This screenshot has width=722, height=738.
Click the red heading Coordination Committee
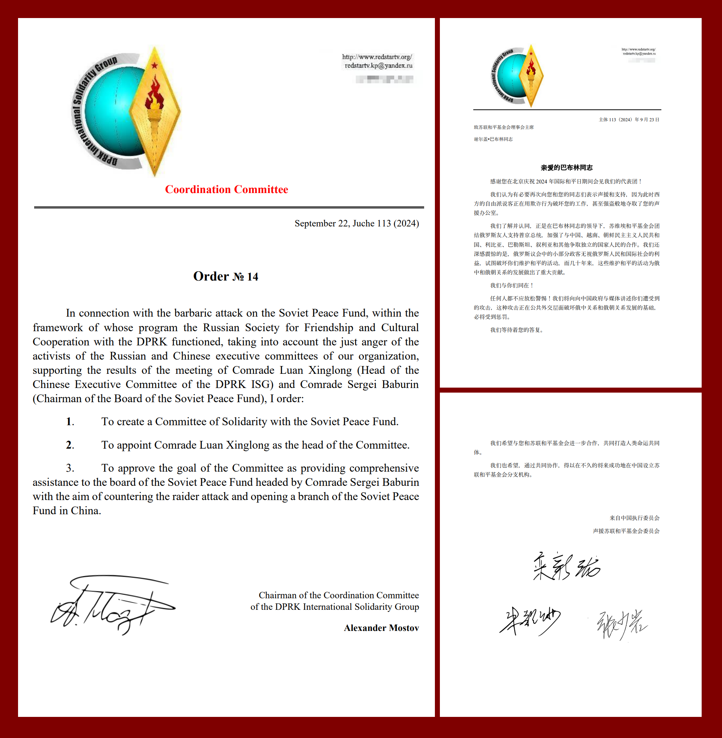tap(226, 190)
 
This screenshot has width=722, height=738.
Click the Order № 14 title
tap(226, 277)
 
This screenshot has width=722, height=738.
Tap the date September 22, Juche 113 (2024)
tap(357, 223)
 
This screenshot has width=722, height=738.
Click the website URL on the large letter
tap(377, 57)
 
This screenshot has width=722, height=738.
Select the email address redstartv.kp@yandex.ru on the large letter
tap(378, 66)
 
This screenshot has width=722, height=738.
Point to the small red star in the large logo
tap(154, 66)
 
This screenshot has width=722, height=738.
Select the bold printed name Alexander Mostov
tap(381, 628)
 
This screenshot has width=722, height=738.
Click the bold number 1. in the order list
tap(70, 422)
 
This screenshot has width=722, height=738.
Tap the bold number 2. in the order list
tap(70, 445)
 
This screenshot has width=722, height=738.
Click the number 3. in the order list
tap(70, 468)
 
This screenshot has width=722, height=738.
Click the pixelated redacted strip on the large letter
tap(384, 79)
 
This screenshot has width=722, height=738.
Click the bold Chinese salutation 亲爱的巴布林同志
tap(567, 168)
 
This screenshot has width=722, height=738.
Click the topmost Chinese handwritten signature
tap(567, 566)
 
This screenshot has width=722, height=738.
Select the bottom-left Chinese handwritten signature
tap(530, 621)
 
